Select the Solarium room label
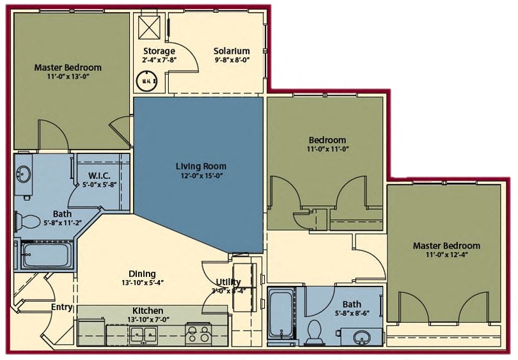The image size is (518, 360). tap(232, 51)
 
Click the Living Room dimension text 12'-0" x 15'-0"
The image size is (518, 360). tap(201, 176)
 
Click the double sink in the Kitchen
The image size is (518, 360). tap(144, 333)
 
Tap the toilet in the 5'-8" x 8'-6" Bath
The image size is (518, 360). tap(314, 331)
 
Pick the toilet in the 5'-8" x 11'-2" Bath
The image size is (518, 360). tap(27, 221)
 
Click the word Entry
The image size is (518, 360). tap(61, 308)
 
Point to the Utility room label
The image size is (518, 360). tap(228, 282)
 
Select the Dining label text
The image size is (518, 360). tap(141, 274)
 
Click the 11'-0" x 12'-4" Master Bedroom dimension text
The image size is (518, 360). tap(446, 256)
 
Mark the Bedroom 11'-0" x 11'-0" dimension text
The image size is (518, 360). tap(327, 150)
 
